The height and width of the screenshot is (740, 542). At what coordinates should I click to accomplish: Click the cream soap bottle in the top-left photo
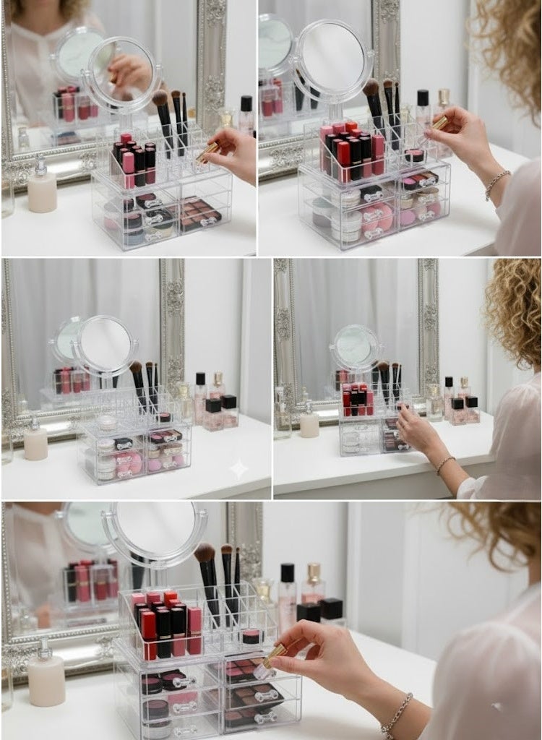(x=42, y=191)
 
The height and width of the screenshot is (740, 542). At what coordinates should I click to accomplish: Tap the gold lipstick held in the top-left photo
(x=207, y=150)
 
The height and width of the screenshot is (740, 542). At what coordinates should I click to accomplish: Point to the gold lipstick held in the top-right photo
(x=439, y=123)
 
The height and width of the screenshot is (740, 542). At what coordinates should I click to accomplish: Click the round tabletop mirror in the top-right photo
(x=332, y=60)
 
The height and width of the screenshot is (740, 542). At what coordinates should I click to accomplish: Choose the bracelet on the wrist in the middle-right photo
(x=445, y=464)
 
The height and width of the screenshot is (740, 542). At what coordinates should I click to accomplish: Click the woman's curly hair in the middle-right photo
(x=514, y=311)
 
